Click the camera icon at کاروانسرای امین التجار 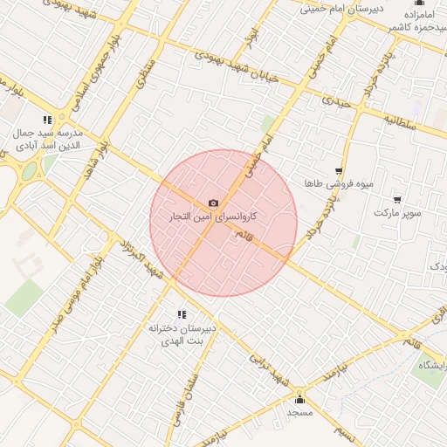(214, 203)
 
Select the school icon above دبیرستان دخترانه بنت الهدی (182, 314)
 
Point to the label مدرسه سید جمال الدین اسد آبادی (47, 140)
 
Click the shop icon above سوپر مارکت (398, 200)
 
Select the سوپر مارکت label (397, 212)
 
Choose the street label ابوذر (253, 37)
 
